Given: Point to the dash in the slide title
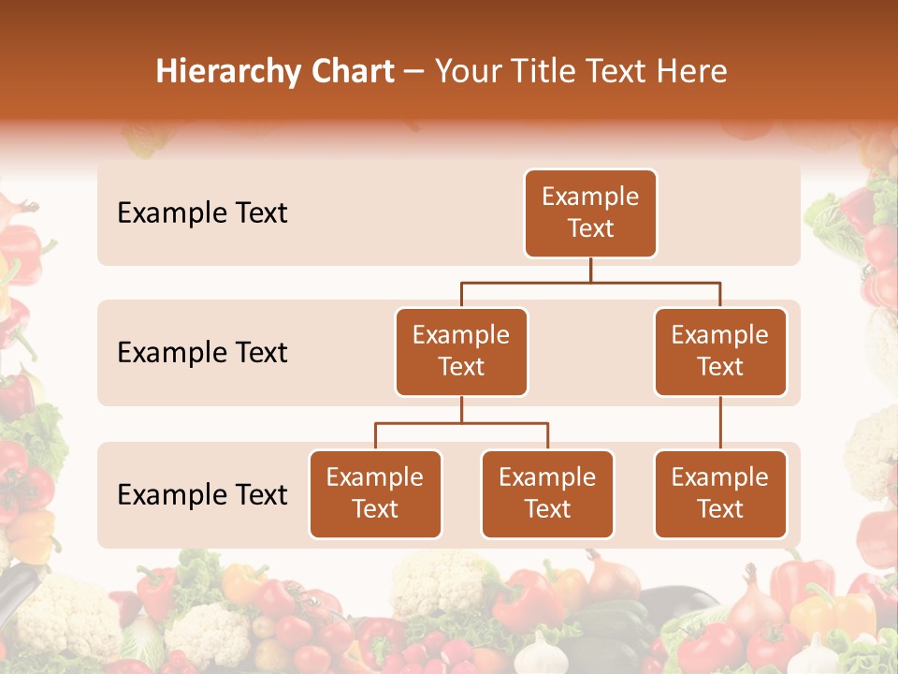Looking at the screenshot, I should pyautogui.click(x=414, y=73).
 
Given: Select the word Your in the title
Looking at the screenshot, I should pyautogui.click(x=467, y=72).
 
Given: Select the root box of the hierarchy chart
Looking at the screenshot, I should pyautogui.click(x=590, y=213).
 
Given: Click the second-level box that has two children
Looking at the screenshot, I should pyautogui.click(x=461, y=352).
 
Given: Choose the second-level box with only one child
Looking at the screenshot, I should pyautogui.click(x=720, y=352).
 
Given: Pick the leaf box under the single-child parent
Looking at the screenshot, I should pyautogui.click(x=720, y=494).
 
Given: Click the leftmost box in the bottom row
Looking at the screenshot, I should pyautogui.click(x=375, y=494).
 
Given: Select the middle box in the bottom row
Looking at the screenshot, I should pyautogui.click(x=547, y=494).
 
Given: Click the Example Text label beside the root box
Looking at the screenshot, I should pyautogui.click(x=202, y=213).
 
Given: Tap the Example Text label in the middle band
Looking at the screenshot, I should pyautogui.click(x=202, y=353).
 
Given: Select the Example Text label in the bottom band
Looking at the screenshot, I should pyautogui.click(x=202, y=495).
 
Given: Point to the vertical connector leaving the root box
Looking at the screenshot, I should pyautogui.click(x=590, y=270).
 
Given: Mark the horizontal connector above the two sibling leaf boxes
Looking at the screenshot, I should pyautogui.click(x=461, y=423).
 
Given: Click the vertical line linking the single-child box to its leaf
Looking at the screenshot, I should pyautogui.click(x=720, y=423).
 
